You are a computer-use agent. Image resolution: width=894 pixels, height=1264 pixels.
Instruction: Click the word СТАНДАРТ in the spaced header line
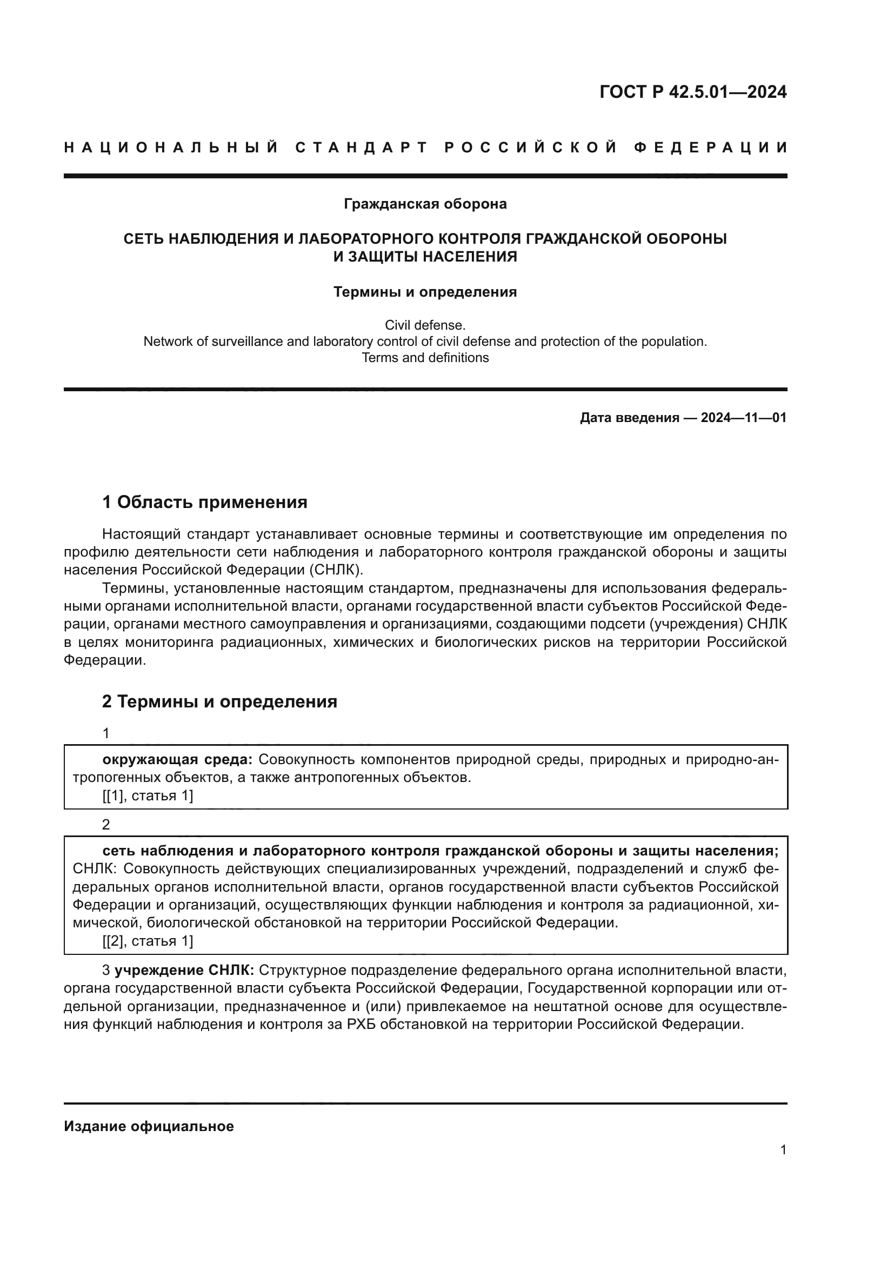tap(362, 148)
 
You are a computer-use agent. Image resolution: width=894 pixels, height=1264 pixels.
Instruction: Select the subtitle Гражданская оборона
tap(425, 204)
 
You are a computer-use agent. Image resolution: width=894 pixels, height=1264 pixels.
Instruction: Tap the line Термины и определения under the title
tap(425, 292)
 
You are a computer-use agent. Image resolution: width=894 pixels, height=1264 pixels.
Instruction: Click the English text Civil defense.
tap(425, 325)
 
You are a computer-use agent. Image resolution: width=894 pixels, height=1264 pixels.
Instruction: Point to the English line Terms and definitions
tap(425, 358)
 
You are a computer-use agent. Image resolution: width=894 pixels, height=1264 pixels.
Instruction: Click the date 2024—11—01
tap(743, 418)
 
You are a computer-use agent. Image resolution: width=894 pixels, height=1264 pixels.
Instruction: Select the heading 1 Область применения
tap(205, 502)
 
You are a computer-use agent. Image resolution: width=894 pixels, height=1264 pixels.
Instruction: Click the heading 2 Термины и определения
tap(219, 702)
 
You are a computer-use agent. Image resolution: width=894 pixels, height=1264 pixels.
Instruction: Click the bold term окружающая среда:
tap(177, 760)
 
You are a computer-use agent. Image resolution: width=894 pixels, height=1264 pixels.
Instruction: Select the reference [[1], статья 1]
tap(148, 795)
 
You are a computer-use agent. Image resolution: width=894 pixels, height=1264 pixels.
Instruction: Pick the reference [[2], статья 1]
tap(148, 941)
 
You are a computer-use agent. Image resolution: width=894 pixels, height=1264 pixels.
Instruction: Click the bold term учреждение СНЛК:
tap(184, 969)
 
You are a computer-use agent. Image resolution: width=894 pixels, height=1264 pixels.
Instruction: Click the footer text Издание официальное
tap(149, 1126)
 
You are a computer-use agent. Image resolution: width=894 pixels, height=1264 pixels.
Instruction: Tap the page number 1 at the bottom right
tap(783, 1150)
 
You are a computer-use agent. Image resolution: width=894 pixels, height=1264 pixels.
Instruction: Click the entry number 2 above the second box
tap(106, 825)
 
